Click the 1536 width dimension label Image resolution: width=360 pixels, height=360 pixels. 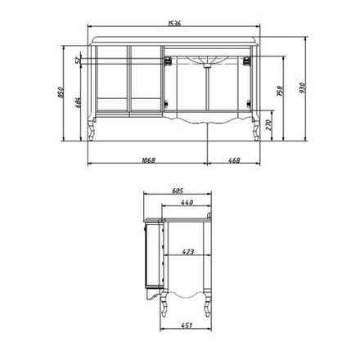click(x=174, y=23)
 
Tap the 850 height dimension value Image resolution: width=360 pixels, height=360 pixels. click(x=61, y=92)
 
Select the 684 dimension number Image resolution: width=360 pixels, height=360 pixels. click(x=78, y=102)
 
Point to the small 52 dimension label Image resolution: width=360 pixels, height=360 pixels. click(x=78, y=60)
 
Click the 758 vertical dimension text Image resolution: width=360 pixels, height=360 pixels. click(x=280, y=91)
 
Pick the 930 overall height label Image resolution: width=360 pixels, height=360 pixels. click(x=303, y=88)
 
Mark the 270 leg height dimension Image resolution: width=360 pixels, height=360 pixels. click(x=269, y=125)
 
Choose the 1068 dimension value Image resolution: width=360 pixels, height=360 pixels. click(x=148, y=160)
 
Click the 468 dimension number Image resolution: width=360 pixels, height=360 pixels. click(x=234, y=160)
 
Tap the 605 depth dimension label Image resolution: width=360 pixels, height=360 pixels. click(x=178, y=191)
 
